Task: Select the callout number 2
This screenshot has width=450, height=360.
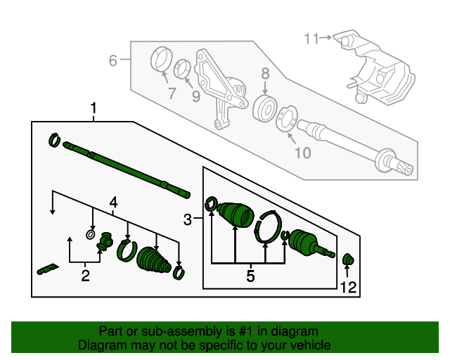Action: [x=85, y=276]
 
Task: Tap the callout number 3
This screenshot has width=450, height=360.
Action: [x=188, y=221]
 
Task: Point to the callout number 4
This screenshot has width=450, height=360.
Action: [x=112, y=204]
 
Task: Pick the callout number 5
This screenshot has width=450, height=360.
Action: [x=250, y=276]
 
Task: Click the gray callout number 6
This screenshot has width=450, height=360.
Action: [x=113, y=61]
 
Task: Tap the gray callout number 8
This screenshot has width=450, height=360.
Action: [x=265, y=73]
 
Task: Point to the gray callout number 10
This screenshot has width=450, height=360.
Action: [x=301, y=153]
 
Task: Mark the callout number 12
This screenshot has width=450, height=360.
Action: [x=349, y=286]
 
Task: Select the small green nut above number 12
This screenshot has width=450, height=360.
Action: [x=347, y=261]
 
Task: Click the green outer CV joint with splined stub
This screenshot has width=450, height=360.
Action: [x=309, y=242]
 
